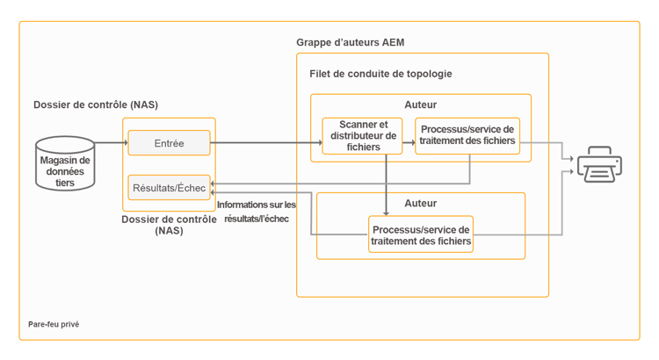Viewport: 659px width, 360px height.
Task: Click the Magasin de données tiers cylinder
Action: click(65, 163)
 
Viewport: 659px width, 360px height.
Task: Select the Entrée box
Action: click(169, 143)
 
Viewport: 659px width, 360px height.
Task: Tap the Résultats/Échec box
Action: click(169, 187)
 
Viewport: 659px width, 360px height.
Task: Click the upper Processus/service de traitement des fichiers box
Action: click(467, 136)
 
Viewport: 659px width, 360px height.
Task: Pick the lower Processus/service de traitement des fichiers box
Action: click(420, 234)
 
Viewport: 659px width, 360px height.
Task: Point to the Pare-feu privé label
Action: click(54, 324)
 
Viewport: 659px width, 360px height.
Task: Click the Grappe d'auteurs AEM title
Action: click(350, 42)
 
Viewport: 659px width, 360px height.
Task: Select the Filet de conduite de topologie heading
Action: click(380, 74)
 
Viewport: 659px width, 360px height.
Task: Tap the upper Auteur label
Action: click(420, 105)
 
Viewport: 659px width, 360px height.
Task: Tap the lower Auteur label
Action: click(420, 204)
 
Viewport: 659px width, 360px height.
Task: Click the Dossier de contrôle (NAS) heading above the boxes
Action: click(95, 105)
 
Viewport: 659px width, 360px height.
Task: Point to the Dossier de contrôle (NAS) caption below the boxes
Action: click(169, 225)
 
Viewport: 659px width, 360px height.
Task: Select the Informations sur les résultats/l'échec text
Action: click(257, 211)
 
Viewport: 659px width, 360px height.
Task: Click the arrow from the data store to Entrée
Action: click(111, 142)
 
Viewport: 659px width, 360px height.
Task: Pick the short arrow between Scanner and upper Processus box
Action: click(409, 142)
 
